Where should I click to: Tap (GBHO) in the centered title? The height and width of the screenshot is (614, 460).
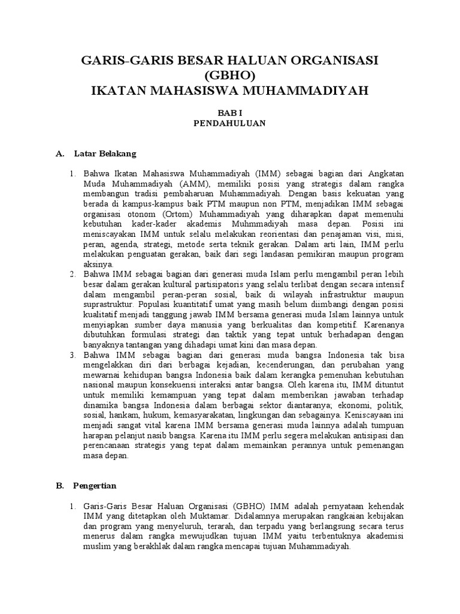[x=229, y=76]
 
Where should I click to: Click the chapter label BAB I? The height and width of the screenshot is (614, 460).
[x=230, y=113]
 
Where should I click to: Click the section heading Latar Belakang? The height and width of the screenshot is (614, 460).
[x=105, y=154]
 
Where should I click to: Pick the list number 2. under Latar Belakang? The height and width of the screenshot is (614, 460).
[x=71, y=274]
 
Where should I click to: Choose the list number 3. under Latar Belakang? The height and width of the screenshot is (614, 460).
[x=71, y=355]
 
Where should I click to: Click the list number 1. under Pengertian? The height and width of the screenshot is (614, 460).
[x=71, y=507]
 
